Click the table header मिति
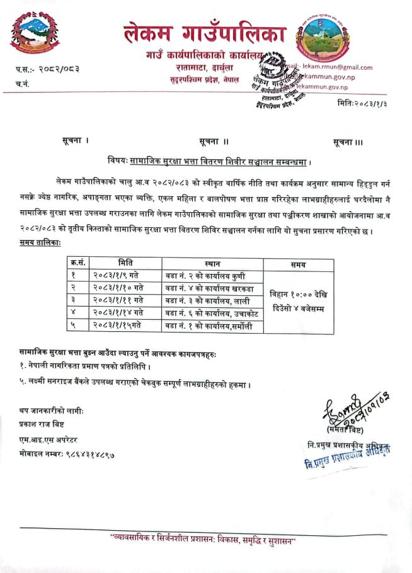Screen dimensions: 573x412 (x=125, y=263)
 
